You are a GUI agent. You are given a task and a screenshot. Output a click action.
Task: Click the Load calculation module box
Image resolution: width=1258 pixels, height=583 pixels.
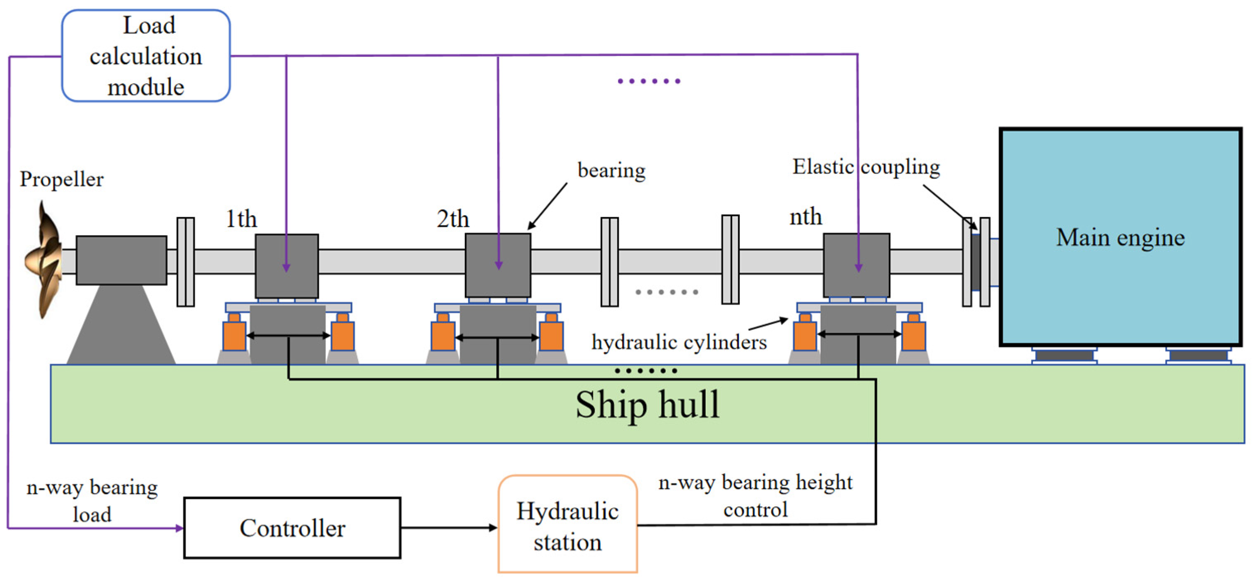click(x=146, y=56)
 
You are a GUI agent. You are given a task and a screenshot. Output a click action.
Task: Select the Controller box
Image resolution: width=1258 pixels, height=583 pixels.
click(x=292, y=528)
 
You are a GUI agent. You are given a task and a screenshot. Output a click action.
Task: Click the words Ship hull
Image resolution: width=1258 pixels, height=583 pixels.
click(x=647, y=405)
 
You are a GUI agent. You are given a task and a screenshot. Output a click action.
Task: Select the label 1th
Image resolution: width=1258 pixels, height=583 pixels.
click(x=241, y=219)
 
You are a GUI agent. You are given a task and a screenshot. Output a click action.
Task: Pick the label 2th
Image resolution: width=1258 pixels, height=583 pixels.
click(x=453, y=219)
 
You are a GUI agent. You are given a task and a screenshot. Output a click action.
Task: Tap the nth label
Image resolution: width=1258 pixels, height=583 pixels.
click(x=805, y=216)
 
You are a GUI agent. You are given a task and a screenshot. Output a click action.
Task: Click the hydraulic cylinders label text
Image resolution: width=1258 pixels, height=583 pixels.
click(x=679, y=342)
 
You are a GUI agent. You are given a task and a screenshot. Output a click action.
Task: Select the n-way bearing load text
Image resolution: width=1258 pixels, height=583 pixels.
click(x=92, y=501)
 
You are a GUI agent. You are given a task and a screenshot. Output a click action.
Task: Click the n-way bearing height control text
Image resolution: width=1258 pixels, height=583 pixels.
click(x=755, y=496)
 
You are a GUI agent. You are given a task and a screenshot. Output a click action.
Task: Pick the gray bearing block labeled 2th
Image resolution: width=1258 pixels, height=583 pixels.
click(x=498, y=265)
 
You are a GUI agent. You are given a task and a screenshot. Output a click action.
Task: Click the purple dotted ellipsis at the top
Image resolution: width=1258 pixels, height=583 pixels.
click(x=649, y=81)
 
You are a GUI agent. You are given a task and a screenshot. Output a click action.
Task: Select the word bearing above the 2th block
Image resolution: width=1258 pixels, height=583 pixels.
click(x=611, y=171)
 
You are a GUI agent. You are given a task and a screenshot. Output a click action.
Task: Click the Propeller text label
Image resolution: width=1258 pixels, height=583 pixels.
click(x=62, y=179)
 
